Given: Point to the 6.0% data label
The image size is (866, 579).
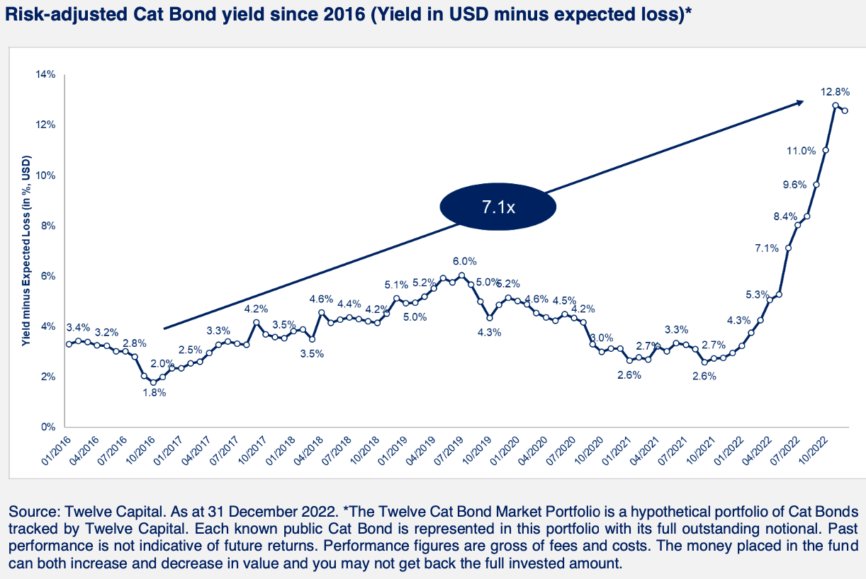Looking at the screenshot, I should (465, 260).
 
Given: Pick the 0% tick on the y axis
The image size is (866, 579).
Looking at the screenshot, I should (48, 427).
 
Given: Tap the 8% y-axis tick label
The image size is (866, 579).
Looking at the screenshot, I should (48, 226).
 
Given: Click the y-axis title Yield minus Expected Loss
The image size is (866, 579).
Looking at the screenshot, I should (26, 251).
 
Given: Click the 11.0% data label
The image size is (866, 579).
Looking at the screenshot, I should (802, 151).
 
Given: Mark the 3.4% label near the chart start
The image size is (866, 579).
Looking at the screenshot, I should (78, 328).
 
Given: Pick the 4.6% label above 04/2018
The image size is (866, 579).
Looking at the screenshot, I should (321, 299).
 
